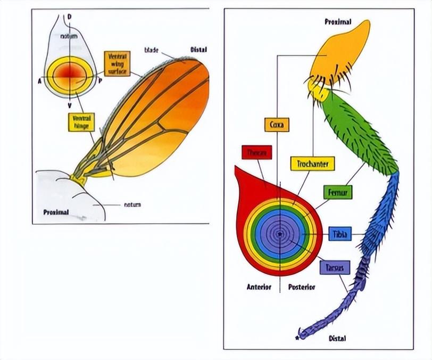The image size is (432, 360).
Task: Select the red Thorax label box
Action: (257, 152)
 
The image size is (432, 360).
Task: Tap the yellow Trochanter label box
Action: (312, 163)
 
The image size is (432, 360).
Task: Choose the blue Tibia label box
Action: (340, 234)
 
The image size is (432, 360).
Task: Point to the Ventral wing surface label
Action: (117, 64)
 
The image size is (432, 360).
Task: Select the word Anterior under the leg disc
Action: (259, 287)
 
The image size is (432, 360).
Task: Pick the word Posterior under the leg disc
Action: (302, 287)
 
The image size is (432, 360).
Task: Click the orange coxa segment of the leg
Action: (338, 53)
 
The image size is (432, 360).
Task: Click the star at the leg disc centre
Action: (280, 234)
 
